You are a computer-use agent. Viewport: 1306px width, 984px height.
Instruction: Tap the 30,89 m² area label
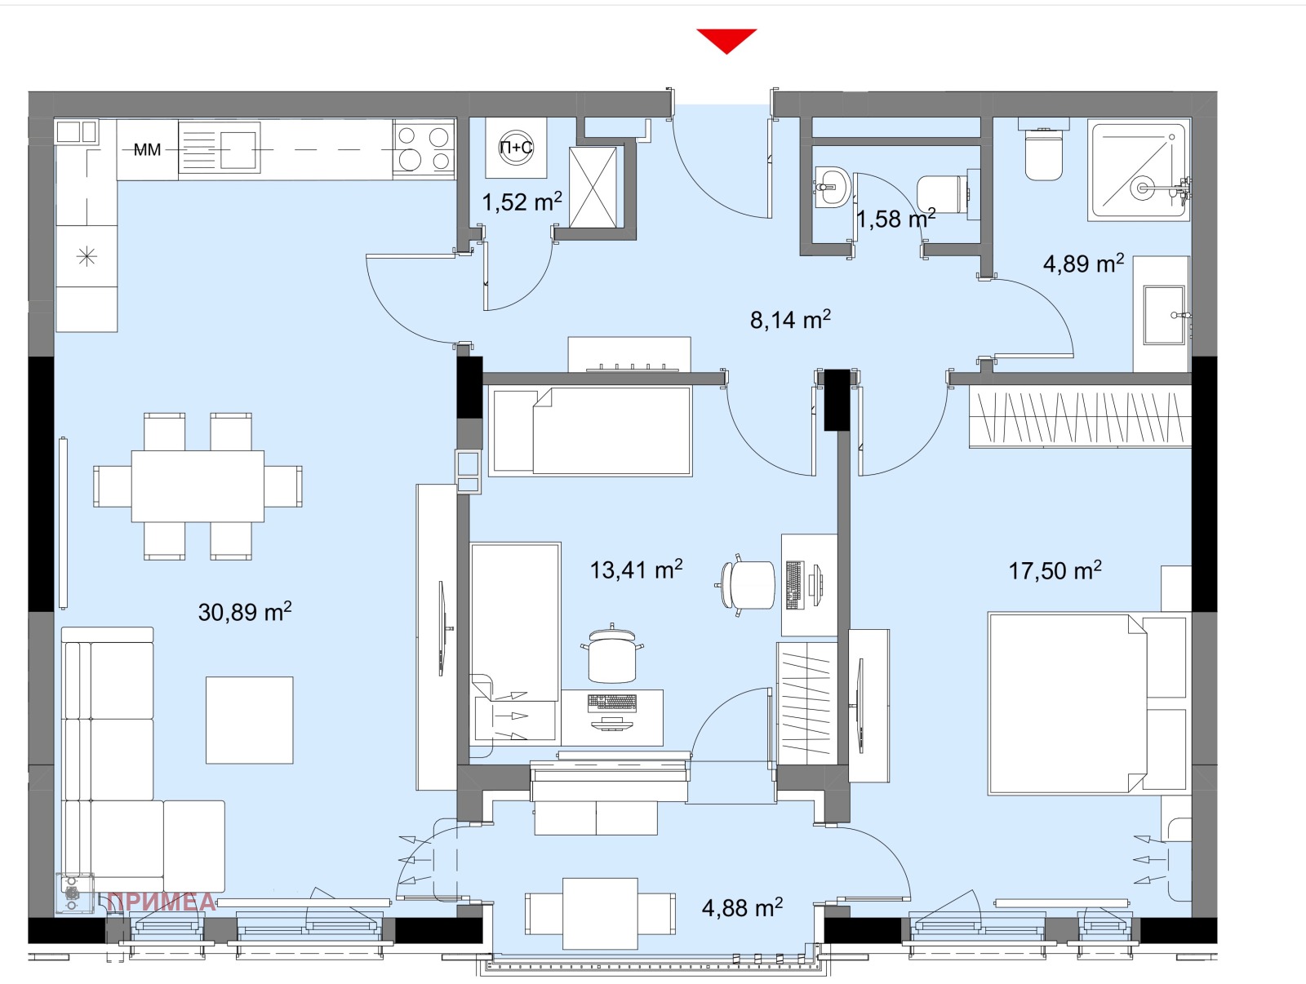[x=245, y=611]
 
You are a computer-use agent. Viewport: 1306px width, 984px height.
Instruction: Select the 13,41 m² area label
[x=636, y=569]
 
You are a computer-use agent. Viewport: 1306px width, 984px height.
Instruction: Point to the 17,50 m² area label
[x=1055, y=570]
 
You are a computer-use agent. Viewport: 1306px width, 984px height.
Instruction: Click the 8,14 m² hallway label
[x=790, y=319]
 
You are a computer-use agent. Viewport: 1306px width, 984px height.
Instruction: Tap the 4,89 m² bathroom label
[x=1083, y=263]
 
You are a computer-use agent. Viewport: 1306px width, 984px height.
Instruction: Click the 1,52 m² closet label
[x=522, y=202]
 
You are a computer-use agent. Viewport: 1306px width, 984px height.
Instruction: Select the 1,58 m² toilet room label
[x=895, y=218]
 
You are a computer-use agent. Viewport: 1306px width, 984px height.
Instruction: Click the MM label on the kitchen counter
[x=147, y=150]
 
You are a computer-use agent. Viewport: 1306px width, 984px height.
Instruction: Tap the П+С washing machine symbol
[x=516, y=148]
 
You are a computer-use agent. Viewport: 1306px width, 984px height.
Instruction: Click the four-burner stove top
[x=424, y=148]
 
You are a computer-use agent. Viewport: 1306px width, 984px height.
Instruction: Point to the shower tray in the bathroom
[x=1139, y=170]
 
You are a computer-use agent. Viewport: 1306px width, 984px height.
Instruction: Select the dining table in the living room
[x=198, y=486]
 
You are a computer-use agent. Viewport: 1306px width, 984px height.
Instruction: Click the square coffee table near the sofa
[x=249, y=720]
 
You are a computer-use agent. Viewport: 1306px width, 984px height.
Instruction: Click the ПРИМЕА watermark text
[x=162, y=902]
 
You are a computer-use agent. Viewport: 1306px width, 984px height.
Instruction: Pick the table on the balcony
[x=600, y=913]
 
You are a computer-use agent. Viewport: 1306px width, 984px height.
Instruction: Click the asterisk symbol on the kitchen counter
[x=87, y=257]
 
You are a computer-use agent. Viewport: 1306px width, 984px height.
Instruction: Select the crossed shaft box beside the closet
[x=593, y=188]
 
